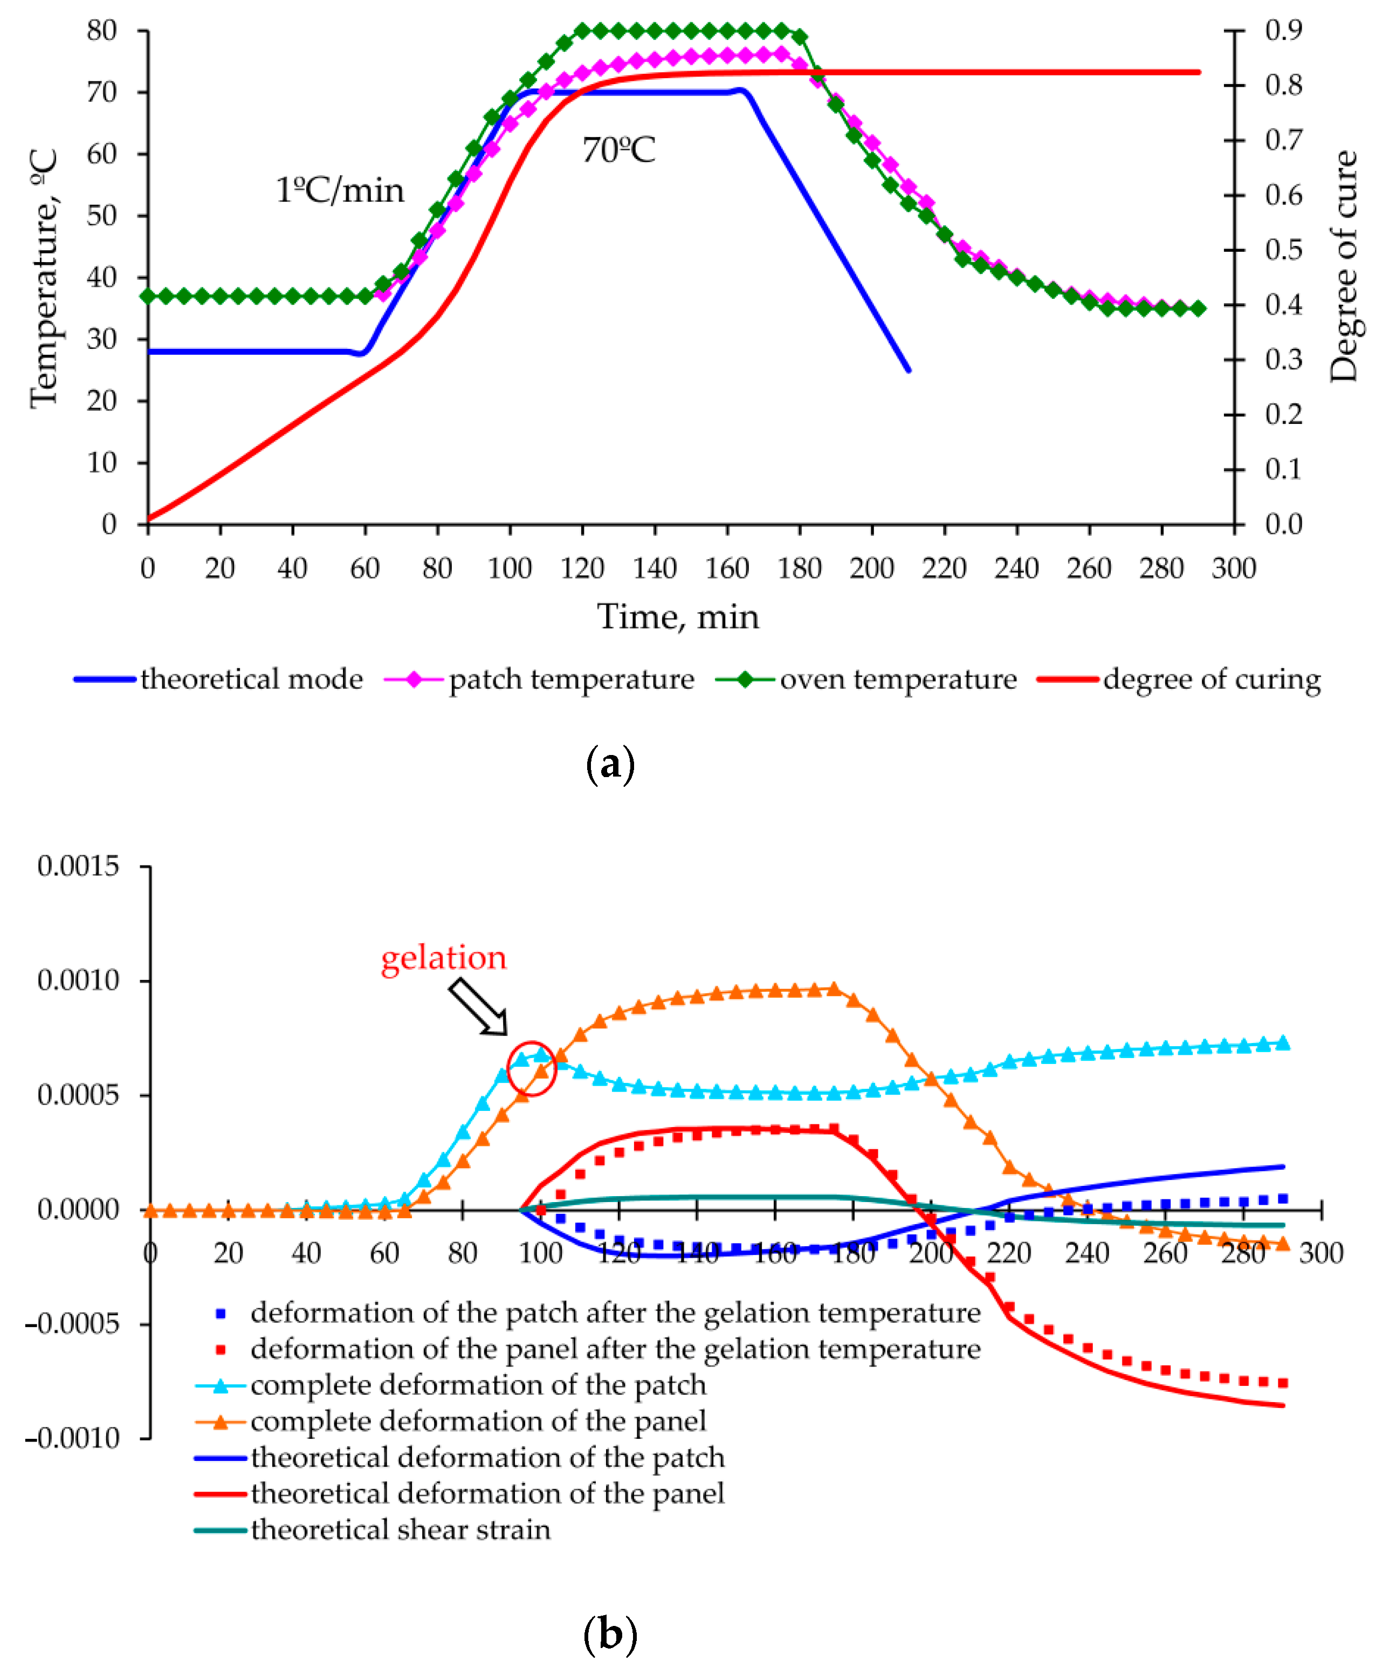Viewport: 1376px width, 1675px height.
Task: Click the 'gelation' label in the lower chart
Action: [443, 958]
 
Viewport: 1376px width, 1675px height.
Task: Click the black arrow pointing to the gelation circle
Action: [478, 1007]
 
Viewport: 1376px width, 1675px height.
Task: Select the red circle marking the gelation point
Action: [531, 1068]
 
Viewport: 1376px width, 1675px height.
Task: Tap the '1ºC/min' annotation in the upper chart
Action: [339, 191]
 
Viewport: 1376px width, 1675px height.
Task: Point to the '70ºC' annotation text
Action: [618, 150]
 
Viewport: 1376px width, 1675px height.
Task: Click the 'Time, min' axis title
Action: [678, 617]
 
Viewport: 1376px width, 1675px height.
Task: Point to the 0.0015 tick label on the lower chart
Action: [78, 866]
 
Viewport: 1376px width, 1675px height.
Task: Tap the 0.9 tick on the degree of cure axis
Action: [1283, 30]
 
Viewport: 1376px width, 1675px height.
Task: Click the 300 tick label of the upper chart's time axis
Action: [1233, 568]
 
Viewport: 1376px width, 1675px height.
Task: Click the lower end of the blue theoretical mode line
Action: [909, 370]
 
